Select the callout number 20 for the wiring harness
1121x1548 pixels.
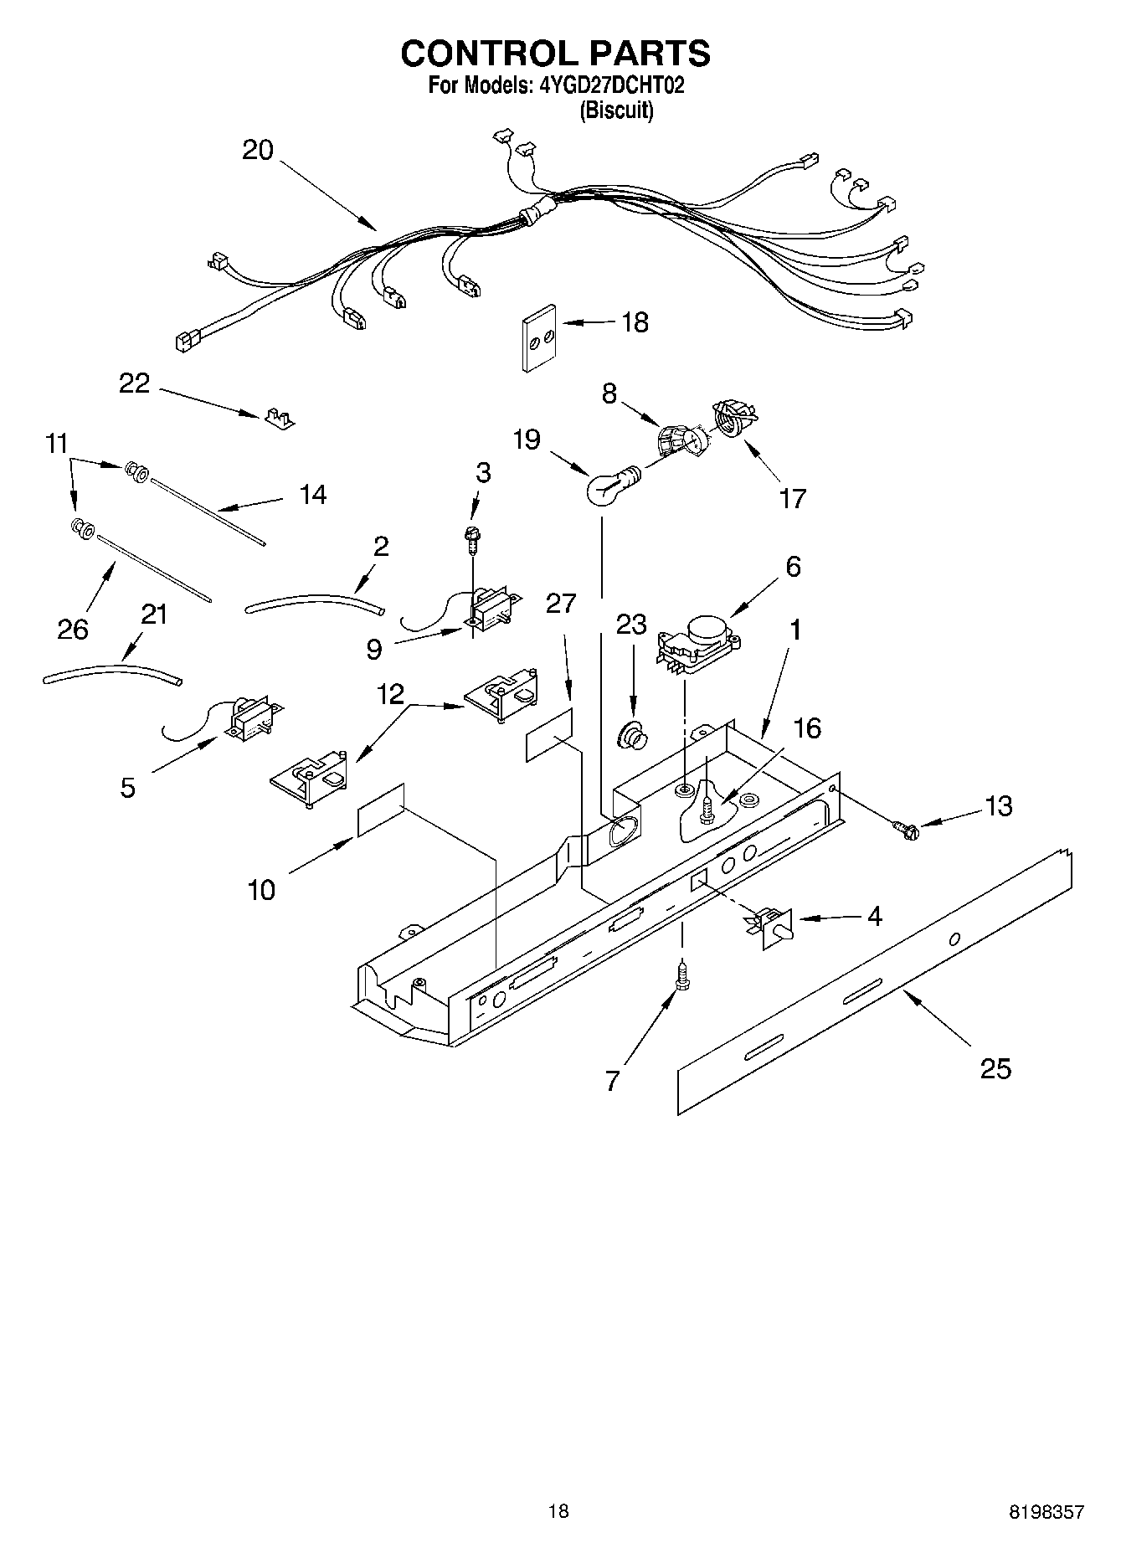[x=258, y=151]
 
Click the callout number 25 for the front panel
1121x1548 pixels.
[x=995, y=1068]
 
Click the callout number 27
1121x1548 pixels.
[x=561, y=603]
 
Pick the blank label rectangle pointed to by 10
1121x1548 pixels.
[x=381, y=810]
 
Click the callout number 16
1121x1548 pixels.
[x=807, y=728]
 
